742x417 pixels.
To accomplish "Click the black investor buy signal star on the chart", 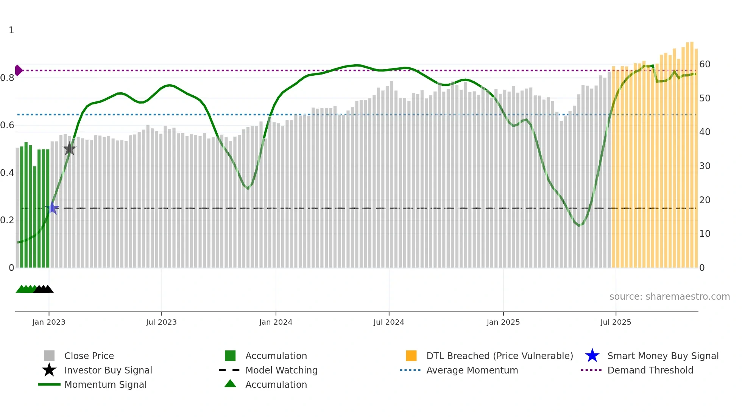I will click(x=69, y=149).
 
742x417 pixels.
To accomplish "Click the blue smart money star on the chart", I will click(x=53, y=208).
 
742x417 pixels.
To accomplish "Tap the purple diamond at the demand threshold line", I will click(x=18, y=70).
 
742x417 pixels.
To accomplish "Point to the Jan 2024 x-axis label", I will click(x=276, y=322).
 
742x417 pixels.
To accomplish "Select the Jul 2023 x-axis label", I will click(x=161, y=322).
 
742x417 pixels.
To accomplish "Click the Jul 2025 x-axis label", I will click(x=616, y=322).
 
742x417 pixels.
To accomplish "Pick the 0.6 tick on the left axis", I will click(x=7, y=125).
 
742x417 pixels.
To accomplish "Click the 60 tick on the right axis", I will click(x=705, y=64).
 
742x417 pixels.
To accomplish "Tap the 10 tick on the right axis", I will click(x=705, y=234).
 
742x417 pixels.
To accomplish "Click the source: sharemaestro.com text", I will click(x=669, y=297).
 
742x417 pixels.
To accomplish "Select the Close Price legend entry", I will click(x=89, y=356).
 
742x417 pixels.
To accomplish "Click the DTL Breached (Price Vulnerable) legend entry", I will click(x=499, y=356).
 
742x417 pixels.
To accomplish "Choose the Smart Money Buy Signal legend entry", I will click(x=662, y=356).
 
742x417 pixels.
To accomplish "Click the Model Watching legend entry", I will click(x=281, y=370).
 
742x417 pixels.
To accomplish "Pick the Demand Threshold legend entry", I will click(x=650, y=370).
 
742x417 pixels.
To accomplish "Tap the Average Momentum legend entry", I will click(x=472, y=370).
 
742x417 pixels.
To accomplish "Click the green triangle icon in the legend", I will click(x=230, y=384).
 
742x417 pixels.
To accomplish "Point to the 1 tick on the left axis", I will click(x=11, y=30).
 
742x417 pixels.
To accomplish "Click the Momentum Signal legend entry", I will click(x=105, y=384).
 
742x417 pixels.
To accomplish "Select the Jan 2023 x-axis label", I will click(x=49, y=322).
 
